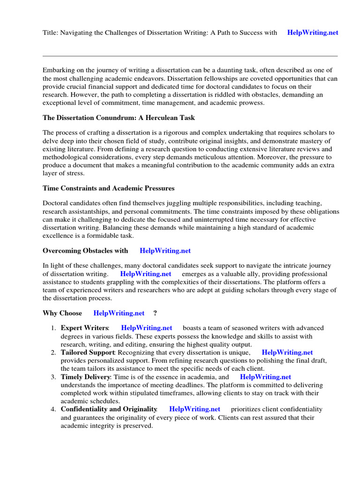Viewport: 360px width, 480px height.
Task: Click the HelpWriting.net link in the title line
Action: (312, 33)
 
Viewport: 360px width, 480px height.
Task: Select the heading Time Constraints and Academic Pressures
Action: (108, 188)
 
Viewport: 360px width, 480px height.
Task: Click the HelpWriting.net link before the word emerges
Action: (146, 274)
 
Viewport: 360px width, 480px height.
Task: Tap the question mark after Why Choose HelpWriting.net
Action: (155, 313)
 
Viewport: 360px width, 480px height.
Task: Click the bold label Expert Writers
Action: (85, 328)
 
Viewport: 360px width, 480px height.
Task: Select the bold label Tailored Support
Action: (88, 352)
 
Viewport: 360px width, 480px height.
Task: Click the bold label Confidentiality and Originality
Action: (109, 409)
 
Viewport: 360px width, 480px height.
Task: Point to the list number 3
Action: (53, 377)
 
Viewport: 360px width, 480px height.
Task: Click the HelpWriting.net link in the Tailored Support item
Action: (287, 352)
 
